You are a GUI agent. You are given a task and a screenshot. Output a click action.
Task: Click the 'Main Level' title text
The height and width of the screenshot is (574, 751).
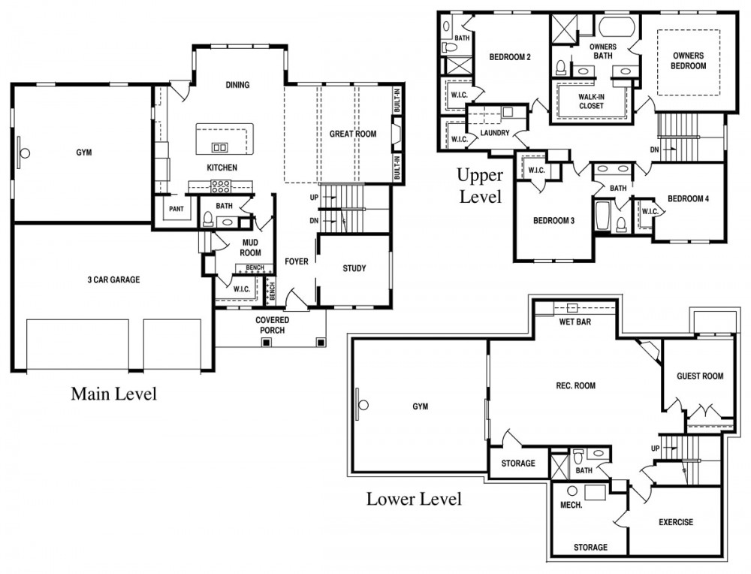[114, 394]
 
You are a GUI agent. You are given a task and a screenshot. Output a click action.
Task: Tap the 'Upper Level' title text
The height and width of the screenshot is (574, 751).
[480, 186]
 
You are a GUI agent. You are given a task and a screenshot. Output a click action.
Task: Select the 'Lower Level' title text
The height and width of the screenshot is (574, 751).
[414, 499]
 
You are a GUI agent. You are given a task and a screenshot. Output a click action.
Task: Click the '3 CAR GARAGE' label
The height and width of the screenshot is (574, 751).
[113, 279]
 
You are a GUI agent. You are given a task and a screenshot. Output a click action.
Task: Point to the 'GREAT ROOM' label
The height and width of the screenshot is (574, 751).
[353, 134]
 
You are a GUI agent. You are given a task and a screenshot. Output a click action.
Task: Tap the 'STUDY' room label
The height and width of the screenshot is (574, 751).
[354, 268]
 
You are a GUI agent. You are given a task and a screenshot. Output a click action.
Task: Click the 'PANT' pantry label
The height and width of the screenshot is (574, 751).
[176, 209]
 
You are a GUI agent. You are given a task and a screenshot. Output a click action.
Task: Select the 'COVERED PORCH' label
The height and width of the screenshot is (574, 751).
[272, 325]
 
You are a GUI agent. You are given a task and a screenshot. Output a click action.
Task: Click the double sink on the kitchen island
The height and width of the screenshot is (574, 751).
[220, 147]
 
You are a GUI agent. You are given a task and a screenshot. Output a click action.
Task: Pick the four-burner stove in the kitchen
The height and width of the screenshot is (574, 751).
[221, 186]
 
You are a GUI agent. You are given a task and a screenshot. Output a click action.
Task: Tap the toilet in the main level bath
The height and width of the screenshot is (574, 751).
[208, 219]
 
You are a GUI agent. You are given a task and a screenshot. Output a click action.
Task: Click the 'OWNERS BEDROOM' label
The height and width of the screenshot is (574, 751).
[688, 61]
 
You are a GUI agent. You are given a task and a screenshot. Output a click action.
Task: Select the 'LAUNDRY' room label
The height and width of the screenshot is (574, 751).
[495, 133]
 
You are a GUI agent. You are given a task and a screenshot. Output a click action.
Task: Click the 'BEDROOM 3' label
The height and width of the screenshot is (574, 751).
[553, 221]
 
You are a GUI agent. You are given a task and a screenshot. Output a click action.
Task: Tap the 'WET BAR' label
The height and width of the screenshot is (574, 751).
[575, 322]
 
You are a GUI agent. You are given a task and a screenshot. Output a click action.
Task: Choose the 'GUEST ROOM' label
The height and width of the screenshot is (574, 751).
[700, 376]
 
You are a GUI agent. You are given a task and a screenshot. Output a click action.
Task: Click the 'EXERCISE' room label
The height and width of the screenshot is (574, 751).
[676, 522]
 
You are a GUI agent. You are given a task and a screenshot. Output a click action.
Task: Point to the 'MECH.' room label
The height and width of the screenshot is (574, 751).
[572, 505]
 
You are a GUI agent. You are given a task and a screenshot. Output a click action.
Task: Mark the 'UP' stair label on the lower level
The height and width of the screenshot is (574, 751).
[655, 449]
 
